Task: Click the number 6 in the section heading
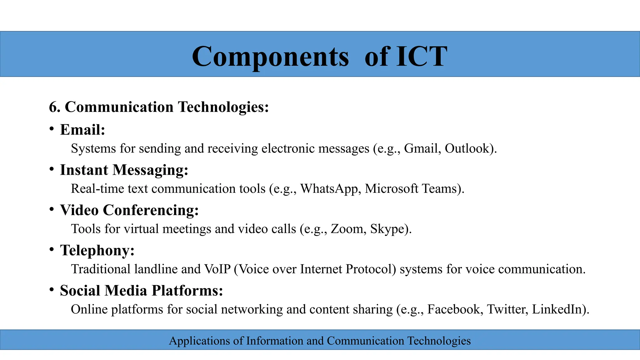[53, 107]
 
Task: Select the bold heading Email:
[82, 130]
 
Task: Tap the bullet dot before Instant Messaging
[52, 169]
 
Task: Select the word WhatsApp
[329, 189]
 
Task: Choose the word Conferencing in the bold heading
[151, 210]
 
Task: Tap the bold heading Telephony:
[97, 250]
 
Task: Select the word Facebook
[453, 309]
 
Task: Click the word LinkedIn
[557, 309]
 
